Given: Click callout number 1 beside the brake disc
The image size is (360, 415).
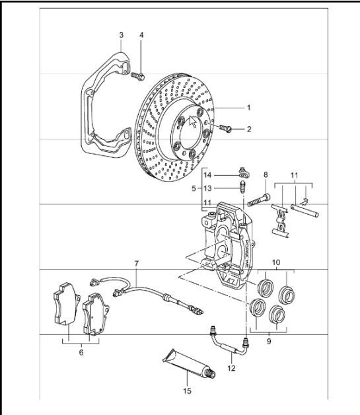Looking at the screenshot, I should click(249, 107).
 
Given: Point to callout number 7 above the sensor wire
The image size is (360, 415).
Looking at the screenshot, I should click(136, 264).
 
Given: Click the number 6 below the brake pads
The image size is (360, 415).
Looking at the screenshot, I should click(81, 353).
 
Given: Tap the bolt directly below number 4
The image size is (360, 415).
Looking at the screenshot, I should click(139, 77).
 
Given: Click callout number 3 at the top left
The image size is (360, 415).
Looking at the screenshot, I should click(121, 34).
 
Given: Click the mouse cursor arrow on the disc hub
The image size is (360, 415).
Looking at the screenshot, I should click(194, 122).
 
